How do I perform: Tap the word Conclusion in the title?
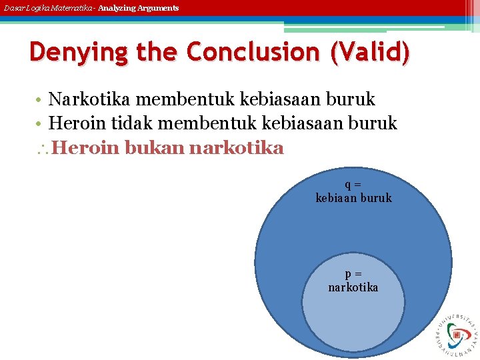[254, 52]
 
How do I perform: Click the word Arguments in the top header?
[159, 8]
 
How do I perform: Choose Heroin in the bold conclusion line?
[84, 147]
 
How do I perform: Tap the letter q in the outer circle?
[349, 185]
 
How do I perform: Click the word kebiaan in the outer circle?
[335, 198]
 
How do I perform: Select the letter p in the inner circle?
[349, 274]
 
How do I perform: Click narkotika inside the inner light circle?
[353, 287]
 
